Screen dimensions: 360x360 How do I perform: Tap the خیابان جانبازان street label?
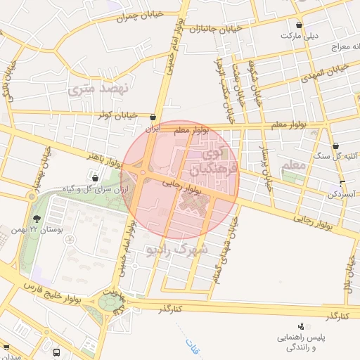(x=210, y=28)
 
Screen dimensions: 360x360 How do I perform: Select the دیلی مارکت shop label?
(x=300, y=34)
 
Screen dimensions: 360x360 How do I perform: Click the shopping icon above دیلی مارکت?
(x=300, y=24)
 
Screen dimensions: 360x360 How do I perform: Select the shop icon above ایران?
(x=153, y=117)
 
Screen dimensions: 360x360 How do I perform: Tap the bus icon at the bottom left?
(x=56, y=352)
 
